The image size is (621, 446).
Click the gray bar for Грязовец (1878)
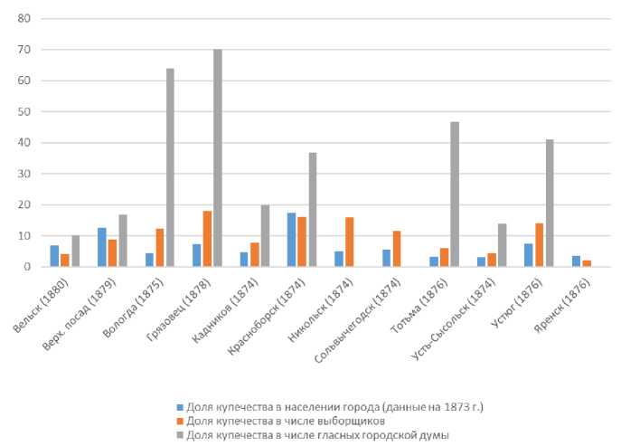tap(218, 157)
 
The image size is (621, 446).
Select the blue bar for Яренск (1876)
tap(576, 261)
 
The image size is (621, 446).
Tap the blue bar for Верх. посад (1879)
tap(101, 247)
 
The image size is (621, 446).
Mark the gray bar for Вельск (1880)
tap(75, 251)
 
